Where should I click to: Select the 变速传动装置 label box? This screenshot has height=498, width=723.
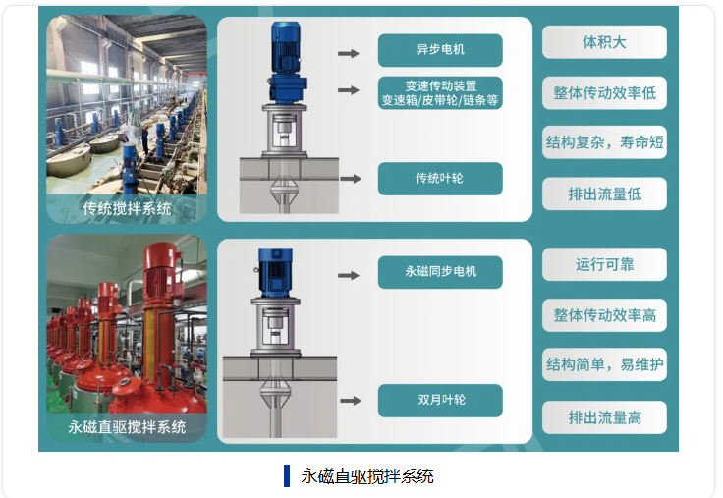point(439,92)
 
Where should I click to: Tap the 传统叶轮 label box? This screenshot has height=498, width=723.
point(439,179)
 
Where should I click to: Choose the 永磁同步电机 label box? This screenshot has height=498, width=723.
point(439,272)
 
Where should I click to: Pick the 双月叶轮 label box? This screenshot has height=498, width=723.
point(439,401)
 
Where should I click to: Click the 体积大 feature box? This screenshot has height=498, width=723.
point(604,42)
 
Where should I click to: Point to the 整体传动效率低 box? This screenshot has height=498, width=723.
point(604,93)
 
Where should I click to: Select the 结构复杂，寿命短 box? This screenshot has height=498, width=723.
point(604,142)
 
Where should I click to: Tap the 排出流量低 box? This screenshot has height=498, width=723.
point(604,194)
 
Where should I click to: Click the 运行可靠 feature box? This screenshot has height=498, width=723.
point(604,264)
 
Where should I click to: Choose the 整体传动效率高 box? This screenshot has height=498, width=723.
point(604,315)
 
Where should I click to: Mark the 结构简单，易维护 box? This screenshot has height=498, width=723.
point(604,365)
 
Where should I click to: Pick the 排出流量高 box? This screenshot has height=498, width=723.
point(604,417)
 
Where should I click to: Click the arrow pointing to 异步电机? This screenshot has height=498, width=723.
point(349,51)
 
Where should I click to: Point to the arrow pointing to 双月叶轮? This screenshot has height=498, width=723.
point(349,401)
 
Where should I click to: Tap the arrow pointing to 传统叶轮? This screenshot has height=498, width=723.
point(349,179)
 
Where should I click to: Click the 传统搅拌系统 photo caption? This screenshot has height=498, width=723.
point(127,208)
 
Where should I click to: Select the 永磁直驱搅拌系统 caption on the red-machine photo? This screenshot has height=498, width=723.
point(127,427)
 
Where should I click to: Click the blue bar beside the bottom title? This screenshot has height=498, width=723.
point(287,475)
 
